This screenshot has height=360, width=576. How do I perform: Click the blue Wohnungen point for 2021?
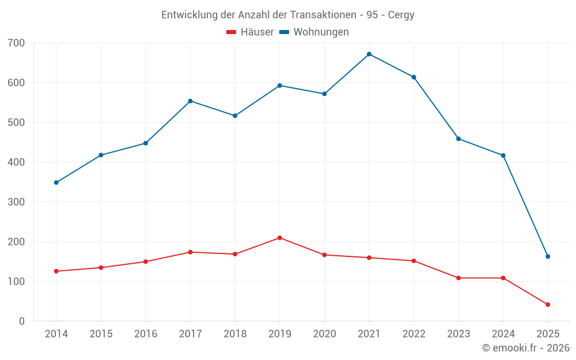[369, 54]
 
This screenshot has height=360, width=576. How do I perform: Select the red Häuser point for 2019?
[280, 238]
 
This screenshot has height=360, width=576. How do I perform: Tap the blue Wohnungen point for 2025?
[548, 256]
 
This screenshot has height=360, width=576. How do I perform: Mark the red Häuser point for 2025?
[548, 305]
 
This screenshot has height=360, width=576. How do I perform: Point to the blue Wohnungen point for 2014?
[56, 183]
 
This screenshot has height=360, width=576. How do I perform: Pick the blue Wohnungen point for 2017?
[190, 101]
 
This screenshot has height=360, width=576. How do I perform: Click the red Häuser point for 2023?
[458, 278]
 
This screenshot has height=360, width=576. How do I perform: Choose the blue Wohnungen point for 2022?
[414, 77]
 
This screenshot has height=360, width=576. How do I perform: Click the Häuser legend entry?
[250, 32]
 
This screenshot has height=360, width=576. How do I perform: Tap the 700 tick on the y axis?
[17, 43]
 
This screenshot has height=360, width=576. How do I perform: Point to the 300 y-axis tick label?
[17, 202]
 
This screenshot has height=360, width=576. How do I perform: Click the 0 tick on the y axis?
[22, 321]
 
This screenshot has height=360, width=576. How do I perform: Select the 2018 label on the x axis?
[235, 334]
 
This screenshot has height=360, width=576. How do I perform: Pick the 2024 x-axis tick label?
[503, 334]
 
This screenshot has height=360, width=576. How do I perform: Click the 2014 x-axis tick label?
[56, 334]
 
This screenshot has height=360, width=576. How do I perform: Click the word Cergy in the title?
[401, 15]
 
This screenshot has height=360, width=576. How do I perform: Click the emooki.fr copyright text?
[526, 348]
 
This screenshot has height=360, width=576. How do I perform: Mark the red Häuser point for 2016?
[146, 262]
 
